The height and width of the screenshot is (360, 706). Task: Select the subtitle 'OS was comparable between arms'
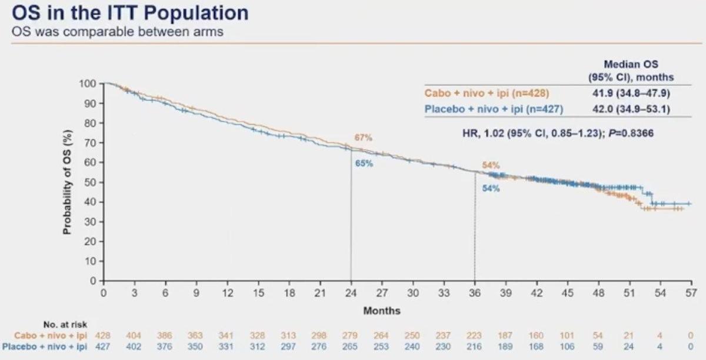118,31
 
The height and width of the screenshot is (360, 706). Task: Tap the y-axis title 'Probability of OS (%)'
68,182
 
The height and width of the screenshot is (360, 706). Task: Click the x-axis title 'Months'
381,310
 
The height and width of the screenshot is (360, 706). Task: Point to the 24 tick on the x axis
351,292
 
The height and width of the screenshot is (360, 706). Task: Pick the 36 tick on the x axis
474,292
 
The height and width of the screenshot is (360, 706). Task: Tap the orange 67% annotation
363,138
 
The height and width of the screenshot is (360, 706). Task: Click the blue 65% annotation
363,164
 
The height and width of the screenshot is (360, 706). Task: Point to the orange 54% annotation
491,166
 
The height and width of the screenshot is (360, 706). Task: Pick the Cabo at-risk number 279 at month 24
350,335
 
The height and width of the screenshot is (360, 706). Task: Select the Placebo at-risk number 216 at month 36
474,347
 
